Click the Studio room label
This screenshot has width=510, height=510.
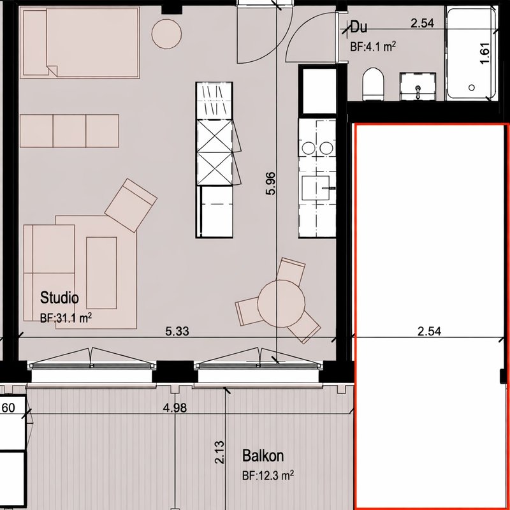point(59,298)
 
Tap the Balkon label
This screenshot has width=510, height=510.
point(263,456)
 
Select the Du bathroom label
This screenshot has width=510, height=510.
point(358,27)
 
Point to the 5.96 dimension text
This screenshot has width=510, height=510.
point(270,184)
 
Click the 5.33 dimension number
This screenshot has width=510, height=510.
point(177,331)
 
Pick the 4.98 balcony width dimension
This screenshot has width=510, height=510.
point(175,407)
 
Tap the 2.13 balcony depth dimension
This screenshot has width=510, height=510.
point(219,452)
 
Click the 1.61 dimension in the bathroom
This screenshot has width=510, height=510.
point(484,54)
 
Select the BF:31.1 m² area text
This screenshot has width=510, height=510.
point(66,317)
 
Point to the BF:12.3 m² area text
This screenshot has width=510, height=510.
point(268,476)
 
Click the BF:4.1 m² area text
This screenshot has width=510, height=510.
point(373,47)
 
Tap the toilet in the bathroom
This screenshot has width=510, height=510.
point(373,84)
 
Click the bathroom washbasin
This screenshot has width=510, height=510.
point(418,87)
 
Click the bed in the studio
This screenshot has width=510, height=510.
point(80,43)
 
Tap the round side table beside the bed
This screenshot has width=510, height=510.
point(166,34)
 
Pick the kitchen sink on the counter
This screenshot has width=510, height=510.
point(316,188)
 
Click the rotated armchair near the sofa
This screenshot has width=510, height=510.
point(131,205)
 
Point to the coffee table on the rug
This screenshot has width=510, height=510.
point(101,273)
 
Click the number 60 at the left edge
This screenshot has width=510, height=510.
point(9,407)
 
